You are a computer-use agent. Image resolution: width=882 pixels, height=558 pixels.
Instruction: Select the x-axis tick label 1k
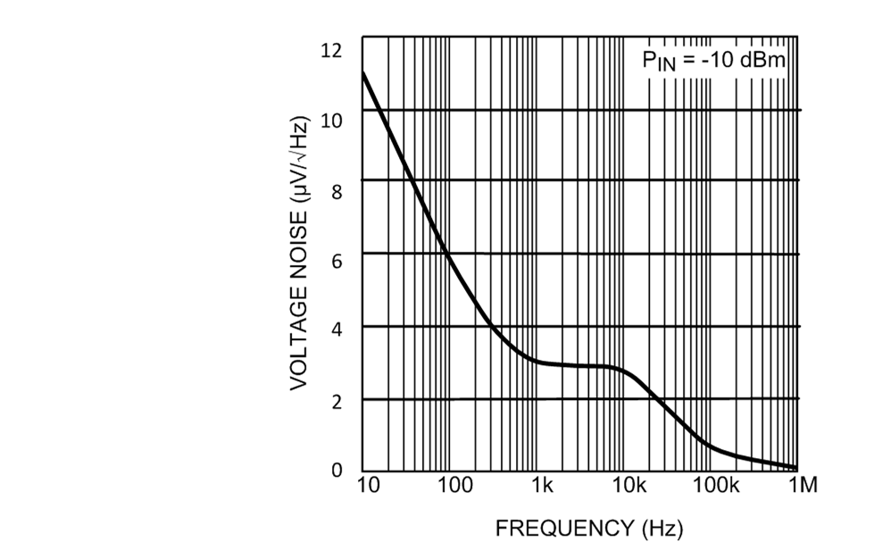click(543, 487)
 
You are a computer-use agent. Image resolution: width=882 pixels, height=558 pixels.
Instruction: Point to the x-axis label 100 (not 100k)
click(456, 487)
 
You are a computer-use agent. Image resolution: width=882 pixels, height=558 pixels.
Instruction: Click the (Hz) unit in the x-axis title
click(662, 528)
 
